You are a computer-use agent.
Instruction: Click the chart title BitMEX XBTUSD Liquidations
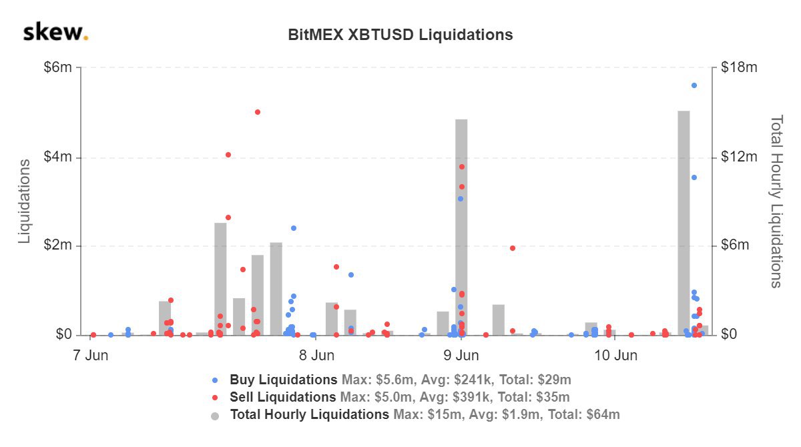pyautogui.click(x=400, y=35)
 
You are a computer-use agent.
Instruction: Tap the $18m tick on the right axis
pyautogui.click(x=739, y=68)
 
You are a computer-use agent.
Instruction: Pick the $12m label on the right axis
pyautogui.click(x=739, y=157)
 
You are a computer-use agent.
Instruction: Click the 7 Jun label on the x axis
pyautogui.click(x=90, y=355)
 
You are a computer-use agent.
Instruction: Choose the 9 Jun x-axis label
pyautogui.click(x=461, y=355)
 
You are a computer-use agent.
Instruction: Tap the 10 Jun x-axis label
pyautogui.click(x=615, y=355)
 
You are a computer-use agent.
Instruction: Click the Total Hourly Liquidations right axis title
pyautogui.click(x=776, y=201)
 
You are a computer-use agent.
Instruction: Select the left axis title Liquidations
pyautogui.click(x=25, y=201)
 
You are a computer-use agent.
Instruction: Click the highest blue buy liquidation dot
pyautogui.click(x=694, y=85)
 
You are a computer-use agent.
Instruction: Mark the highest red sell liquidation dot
pyautogui.click(x=258, y=112)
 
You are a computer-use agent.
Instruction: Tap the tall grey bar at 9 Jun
pyautogui.click(x=461, y=227)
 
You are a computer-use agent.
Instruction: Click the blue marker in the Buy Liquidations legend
pyautogui.click(x=215, y=380)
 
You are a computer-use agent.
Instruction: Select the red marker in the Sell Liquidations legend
pyautogui.click(x=215, y=398)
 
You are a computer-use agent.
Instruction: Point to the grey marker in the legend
pyautogui.click(x=215, y=416)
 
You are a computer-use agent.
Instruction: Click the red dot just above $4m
pyautogui.click(x=228, y=155)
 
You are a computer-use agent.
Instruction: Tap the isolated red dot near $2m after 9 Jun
pyautogui.click(x=513, y=248)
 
